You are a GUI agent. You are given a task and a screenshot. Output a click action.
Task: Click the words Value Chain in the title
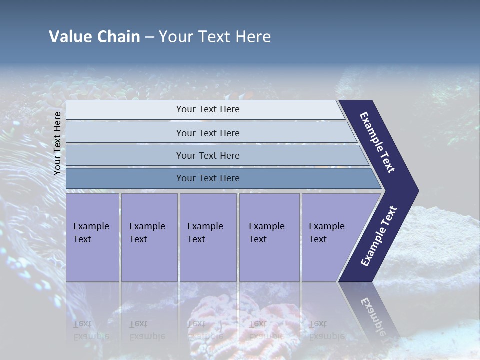pos(94,37)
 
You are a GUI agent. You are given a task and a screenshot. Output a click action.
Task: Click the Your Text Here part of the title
pos(215,37)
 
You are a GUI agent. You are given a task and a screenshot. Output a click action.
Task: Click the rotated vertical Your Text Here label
pos(57,143)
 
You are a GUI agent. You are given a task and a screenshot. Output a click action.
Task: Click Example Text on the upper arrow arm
pos(378,142)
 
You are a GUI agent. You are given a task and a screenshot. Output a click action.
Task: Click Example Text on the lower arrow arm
pos(379,236)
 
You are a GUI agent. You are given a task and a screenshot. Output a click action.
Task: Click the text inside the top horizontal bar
pos(208,109)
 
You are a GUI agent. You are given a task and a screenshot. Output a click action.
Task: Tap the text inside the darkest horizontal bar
pos(208,178)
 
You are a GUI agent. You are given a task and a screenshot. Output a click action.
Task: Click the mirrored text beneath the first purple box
pos(91,330)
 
